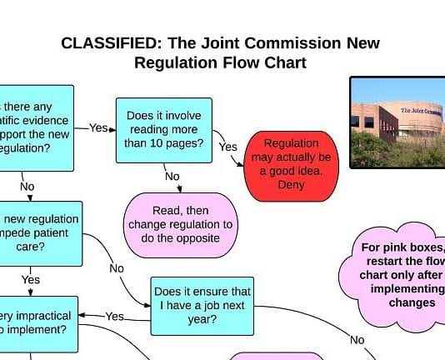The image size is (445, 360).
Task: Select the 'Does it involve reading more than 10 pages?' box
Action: tap(163, 129)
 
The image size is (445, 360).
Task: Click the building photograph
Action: tap(397, 123)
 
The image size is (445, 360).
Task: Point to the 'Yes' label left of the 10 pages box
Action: tap(99, 127)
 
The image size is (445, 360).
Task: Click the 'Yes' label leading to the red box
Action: tap(228, 147)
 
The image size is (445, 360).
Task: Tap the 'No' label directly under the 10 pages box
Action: tap(172, 176)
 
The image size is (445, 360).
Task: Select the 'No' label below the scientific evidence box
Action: tap(27, 186)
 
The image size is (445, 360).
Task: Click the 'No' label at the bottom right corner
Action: tap(357, 339)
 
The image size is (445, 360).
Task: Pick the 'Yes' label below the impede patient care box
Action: tap(30, 280)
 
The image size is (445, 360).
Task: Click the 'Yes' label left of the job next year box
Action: tap(115, 316)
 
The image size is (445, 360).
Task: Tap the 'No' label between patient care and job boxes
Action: tap(117, 268)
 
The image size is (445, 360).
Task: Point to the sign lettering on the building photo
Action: tap(422, 110)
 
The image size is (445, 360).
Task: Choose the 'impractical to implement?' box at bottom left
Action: tap(37, 323)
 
